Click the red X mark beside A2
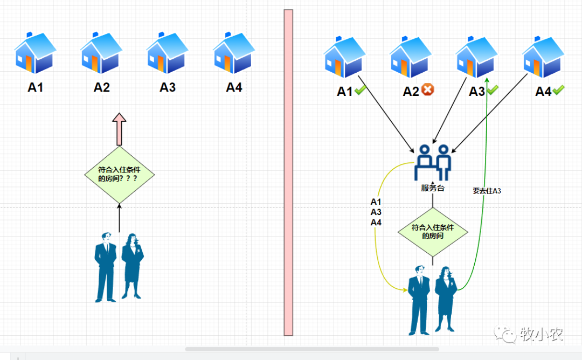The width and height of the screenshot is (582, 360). pyautogui.click(x=428, y=90)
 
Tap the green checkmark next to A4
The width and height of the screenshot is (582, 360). pyautogui.click(x=558, y=91)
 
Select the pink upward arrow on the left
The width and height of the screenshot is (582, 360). pyautogui.click(x=119, y=129)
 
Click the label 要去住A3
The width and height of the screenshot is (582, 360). pyautogui.click(x=487, y=190)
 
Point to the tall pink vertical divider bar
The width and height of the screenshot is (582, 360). pyautogui.click(x=288, y=172)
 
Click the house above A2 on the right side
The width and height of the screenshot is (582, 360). pyautogui.click(x=411, y=57)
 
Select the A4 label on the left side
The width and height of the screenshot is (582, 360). pyautogui.click(x=234, y=87)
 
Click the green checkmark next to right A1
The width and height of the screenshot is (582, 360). pyautogui.click(x=360, y=91)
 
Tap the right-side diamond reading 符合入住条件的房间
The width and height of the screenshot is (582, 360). pyautogui.click(x=433, y=232)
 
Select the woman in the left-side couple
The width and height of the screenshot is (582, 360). pyautogui.click(x=132, y=266)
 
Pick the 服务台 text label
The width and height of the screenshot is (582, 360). pyautogui.click(x=433, y=188)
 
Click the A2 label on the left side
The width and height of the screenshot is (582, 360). pyautogui.click(x=102, y=87)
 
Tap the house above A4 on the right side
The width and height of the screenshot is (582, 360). pyautogui.click(x=543, y=57)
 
